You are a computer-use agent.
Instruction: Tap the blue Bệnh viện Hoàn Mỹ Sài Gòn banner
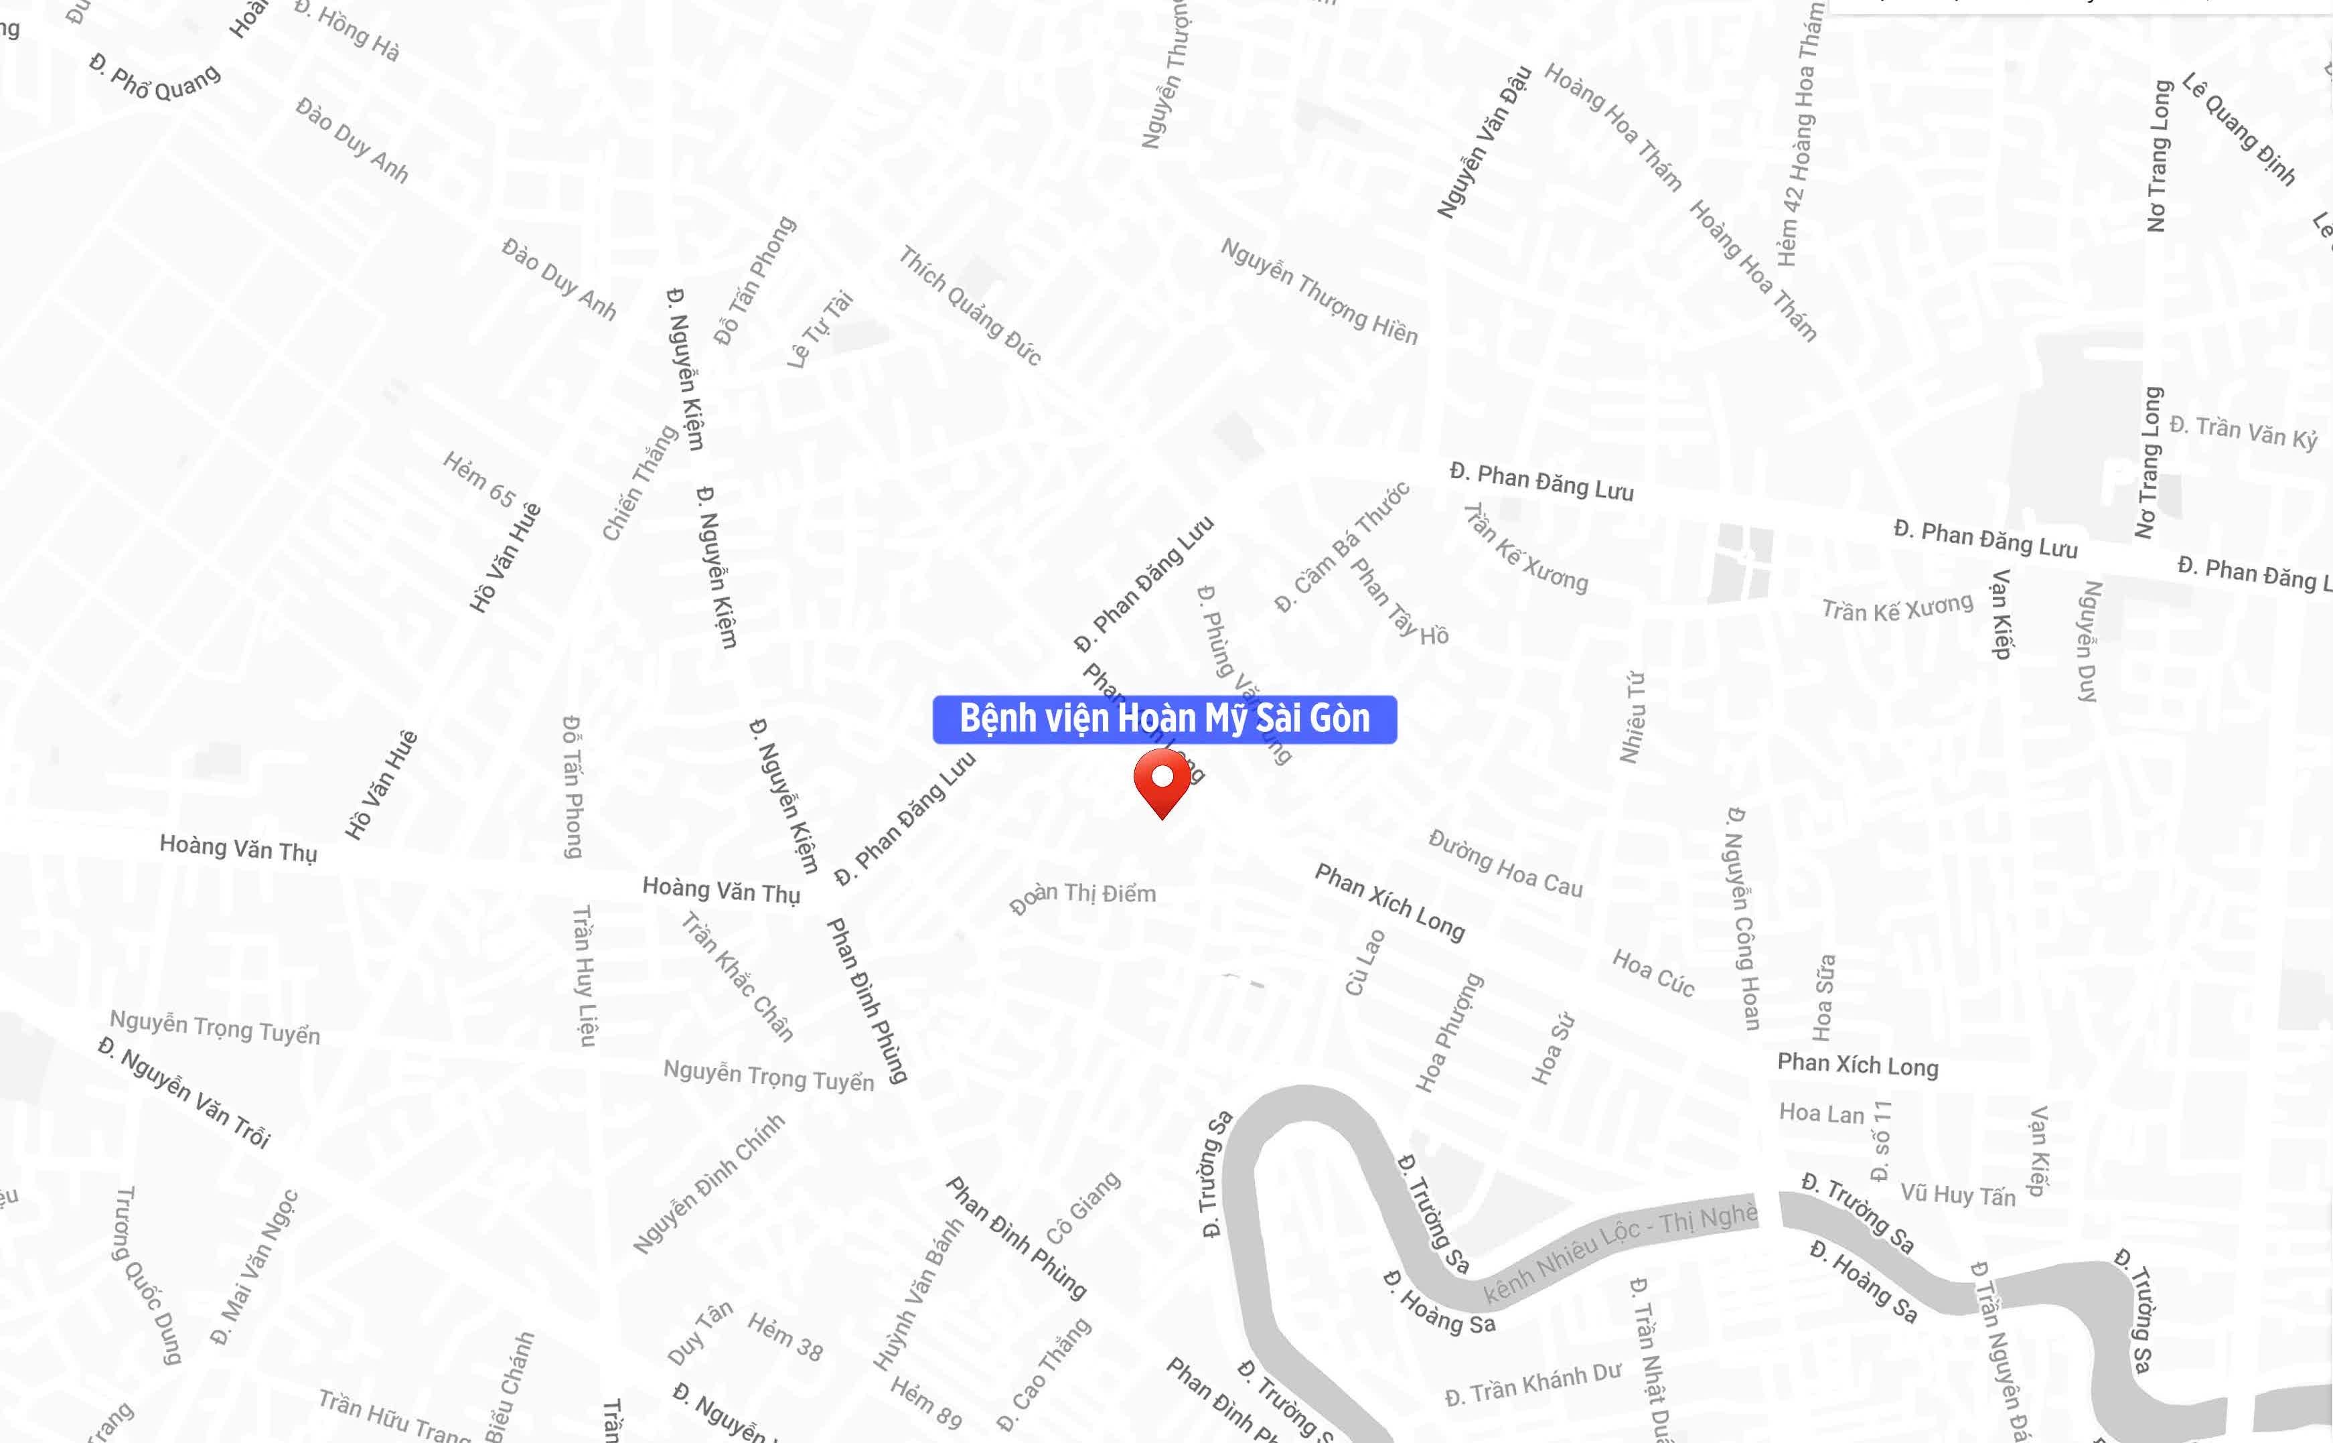click(1164, 718)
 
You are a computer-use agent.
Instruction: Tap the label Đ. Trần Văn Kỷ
click(2243, 431)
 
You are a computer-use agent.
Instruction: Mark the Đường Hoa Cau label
click(1505, 864)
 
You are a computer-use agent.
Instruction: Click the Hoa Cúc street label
click(1653, 974)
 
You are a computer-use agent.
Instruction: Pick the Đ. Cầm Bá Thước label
click(1341, 548)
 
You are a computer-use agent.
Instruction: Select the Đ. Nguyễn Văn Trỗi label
click(185, 1093)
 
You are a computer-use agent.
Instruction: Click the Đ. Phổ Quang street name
click(155, 77)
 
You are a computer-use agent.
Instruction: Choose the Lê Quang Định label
click(2239, 128)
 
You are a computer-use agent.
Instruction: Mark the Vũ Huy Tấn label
click(1957, 1195)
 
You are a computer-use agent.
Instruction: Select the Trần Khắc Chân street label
click(737, 976)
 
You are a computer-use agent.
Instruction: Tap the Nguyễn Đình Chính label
click(708, 1183)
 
